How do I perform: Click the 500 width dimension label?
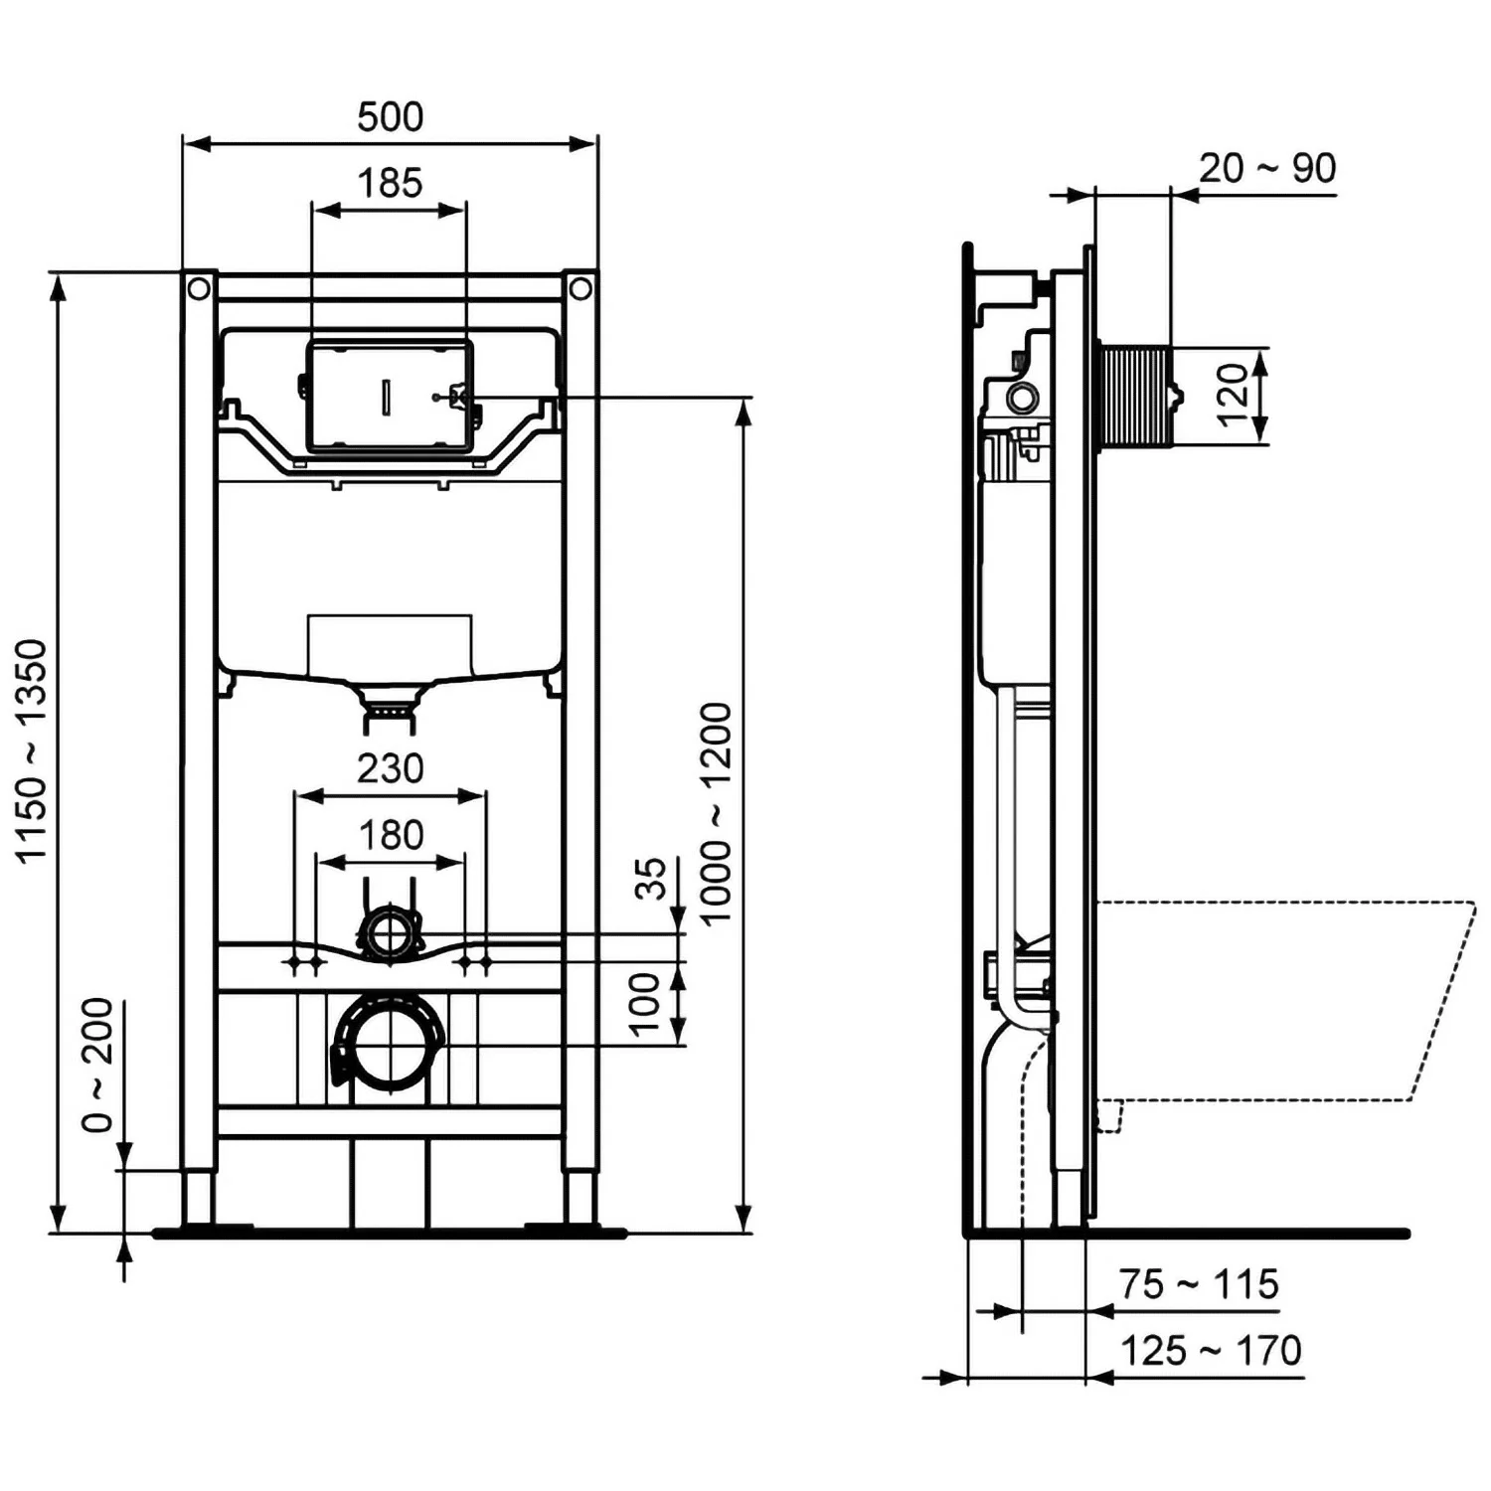(x=390, y=117)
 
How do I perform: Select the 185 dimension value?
(x=390, y=183)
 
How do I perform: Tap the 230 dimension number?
(x=390, y=768)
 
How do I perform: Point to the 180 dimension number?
(x=391, y=835)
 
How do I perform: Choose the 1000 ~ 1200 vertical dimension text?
(x=716, y=813)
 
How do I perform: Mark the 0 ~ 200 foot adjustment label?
(x=98, y=1065)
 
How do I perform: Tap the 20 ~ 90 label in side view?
(x=1266, y=169)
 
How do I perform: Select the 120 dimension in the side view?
(x=1232, y=395)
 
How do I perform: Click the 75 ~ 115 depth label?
(x=1198, y=1284)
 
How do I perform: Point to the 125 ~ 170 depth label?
(x=1210, y=1351)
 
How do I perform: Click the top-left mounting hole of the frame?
(x=199, y=288)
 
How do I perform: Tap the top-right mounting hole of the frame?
(x=580, y=288)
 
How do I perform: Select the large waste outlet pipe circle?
(x=390, y=1046)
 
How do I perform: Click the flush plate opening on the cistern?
(x=389, y=395)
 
